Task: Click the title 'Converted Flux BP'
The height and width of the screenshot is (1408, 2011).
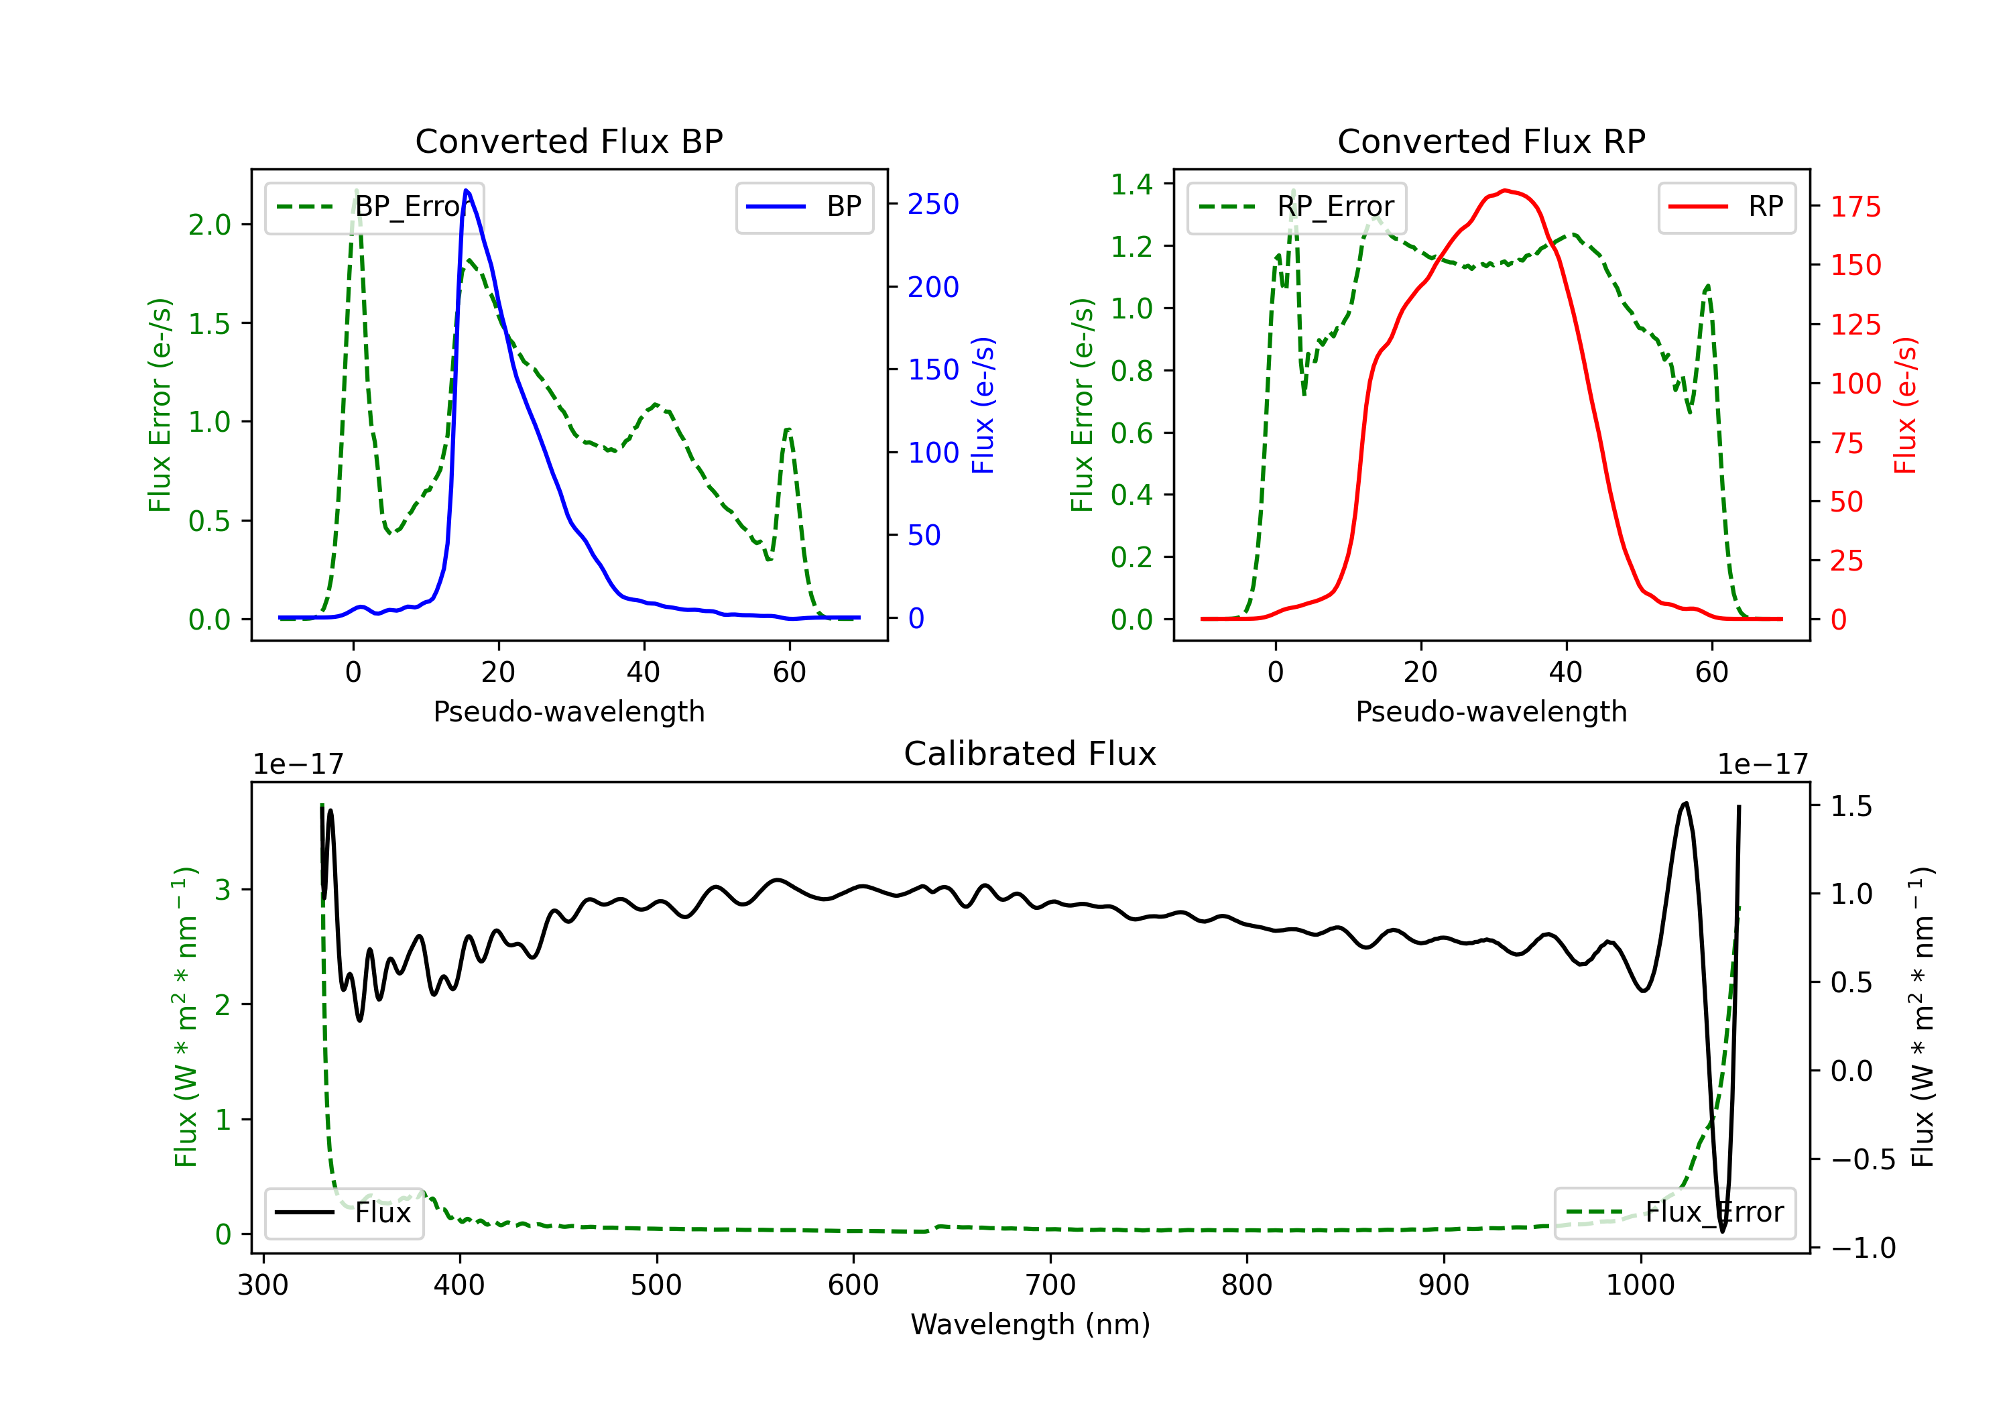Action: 568,141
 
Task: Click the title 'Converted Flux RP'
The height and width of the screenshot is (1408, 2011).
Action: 1491,141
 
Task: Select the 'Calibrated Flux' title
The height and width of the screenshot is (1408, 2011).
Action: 1030,754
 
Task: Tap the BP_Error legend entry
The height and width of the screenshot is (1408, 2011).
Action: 374,207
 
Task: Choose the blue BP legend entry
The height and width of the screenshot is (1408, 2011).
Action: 804,207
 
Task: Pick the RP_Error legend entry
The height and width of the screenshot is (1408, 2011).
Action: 1296,207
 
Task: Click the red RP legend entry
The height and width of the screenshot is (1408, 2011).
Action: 1726,207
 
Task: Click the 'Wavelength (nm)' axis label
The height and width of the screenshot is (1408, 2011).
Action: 1030,1324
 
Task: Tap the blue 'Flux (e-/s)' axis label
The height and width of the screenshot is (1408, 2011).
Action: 983,406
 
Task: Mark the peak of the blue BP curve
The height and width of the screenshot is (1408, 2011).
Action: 466,190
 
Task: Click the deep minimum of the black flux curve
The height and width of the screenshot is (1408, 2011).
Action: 1722,1231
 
